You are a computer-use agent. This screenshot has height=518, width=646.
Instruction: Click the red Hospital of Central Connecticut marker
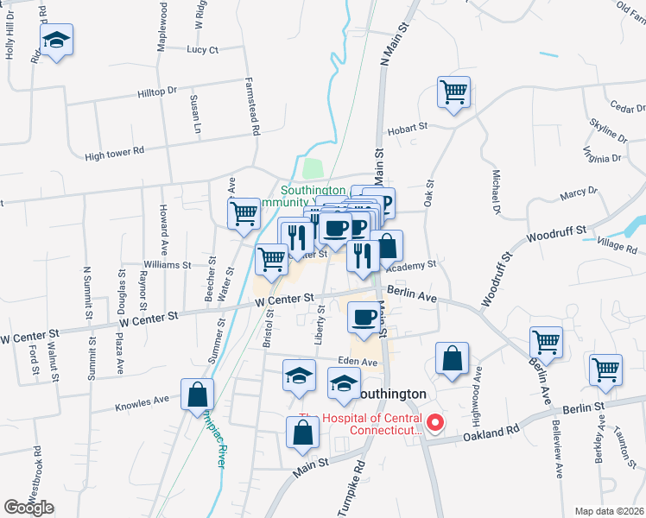point(435,423)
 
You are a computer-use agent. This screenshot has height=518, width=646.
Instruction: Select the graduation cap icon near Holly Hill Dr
point(56,40)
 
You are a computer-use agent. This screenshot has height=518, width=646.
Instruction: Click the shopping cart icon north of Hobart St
point(453,91)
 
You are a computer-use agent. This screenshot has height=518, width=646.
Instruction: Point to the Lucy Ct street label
point(203,50)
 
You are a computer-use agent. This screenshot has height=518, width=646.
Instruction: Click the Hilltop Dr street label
point(155,91)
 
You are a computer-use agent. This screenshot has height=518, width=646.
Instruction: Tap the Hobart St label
point(408,127)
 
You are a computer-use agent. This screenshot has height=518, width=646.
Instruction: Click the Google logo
point(28,508)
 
